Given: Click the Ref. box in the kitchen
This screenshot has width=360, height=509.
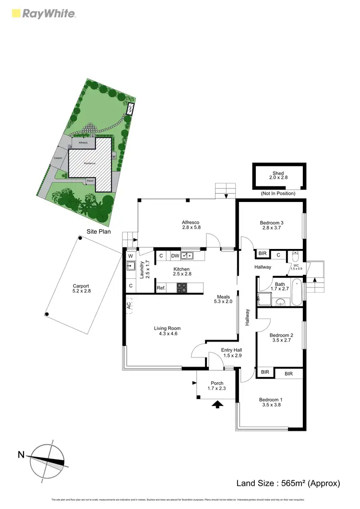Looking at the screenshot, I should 161,288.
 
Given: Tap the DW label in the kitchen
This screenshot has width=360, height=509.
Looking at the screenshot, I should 175,256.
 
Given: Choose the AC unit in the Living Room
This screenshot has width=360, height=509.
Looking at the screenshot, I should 129,305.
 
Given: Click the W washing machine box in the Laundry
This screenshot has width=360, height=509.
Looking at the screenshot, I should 130,256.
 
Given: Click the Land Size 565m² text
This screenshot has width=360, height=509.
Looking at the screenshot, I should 288,483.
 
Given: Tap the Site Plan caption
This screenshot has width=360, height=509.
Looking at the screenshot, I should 98,231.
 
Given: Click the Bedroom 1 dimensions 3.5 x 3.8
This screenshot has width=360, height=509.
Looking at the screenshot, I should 271,404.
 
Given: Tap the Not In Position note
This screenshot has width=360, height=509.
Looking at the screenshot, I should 278,193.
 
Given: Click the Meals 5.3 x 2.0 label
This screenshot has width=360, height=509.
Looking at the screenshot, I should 223,299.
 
